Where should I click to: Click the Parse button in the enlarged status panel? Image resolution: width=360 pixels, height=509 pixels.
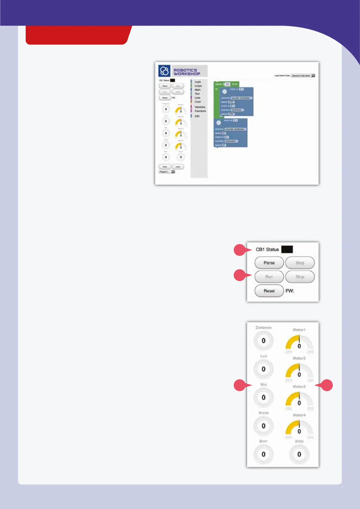269,263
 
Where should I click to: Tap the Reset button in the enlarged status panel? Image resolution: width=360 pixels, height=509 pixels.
269,291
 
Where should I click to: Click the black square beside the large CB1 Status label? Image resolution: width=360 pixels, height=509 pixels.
287,249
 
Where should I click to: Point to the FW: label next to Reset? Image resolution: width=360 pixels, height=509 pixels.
290,291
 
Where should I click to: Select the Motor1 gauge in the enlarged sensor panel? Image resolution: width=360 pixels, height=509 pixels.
299,343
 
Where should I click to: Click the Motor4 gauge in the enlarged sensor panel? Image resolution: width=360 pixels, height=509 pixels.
299,428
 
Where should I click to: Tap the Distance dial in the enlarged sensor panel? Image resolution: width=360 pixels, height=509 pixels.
263,341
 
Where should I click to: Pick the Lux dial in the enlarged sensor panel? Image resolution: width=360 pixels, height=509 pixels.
263,369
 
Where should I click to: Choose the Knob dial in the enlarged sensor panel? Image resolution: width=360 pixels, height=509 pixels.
263,426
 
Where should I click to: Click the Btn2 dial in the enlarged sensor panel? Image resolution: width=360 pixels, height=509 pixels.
299,454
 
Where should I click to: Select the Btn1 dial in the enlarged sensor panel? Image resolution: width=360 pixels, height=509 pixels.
263,454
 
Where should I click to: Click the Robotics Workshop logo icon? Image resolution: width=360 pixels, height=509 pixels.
164,71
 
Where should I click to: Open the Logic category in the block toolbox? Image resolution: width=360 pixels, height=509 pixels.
198,82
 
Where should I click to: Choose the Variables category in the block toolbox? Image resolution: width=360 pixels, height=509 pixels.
200,107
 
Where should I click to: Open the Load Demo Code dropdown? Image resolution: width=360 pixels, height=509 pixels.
303,76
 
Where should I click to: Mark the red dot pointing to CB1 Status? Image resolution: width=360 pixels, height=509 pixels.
240,250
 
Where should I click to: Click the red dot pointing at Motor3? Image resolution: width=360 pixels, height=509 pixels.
326,385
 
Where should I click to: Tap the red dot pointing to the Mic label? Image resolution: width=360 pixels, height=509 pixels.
240,385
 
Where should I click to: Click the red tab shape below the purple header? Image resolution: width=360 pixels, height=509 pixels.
79,35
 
